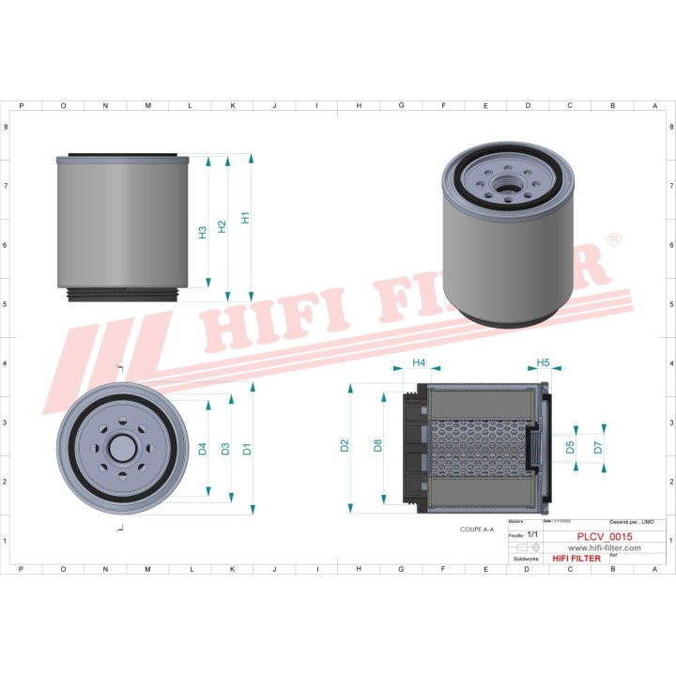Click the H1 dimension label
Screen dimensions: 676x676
tap(245, 218)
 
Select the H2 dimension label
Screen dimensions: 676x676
tap(222, 226)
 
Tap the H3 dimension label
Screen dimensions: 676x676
tap(202, 232)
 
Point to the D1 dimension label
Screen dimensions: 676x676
tap(246, 449)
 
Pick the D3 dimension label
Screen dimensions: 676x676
tap(224, 449)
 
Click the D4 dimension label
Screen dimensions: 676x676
tap(202, 449)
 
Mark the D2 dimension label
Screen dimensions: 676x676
tap(345, 446)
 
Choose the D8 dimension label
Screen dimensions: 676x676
tap(377, 446)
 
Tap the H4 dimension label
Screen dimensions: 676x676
tap(419, 362)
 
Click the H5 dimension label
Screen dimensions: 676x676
tap(543, 362)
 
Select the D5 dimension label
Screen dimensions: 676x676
tap(570, 448)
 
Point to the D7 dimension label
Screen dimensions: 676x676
tap(598, 448)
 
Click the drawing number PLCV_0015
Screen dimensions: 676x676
tap(604, 537)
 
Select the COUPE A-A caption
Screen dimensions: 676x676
tap(477, 530)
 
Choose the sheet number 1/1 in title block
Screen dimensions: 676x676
tap(532, 534)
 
